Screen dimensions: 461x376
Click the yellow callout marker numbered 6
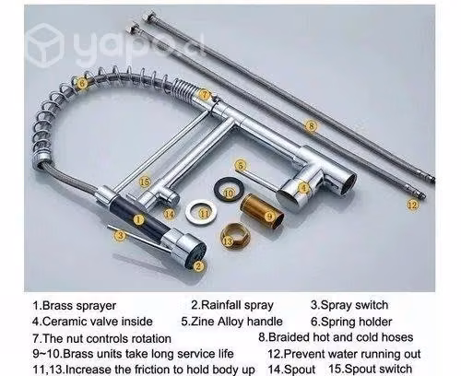[82, 83]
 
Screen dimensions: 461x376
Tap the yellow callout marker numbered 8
[312, 125]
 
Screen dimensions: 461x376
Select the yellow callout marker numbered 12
[413, 204]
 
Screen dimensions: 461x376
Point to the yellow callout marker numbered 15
[145, 182]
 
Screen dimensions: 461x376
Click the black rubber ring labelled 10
[229, 189]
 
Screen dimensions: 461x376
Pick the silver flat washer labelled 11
[201, 212]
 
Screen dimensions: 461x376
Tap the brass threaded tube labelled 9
[262, 211]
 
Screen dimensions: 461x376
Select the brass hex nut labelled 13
[235, 236]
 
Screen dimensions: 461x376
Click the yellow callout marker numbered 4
[304, 188]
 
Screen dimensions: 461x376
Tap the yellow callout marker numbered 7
[205, 94]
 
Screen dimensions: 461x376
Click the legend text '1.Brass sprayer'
[75, 306]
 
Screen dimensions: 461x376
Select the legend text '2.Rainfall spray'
[232, 305]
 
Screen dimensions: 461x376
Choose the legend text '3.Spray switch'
[349, 305]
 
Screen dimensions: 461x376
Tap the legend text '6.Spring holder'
[351, 322]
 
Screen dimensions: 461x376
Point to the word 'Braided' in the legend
[290, 337]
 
